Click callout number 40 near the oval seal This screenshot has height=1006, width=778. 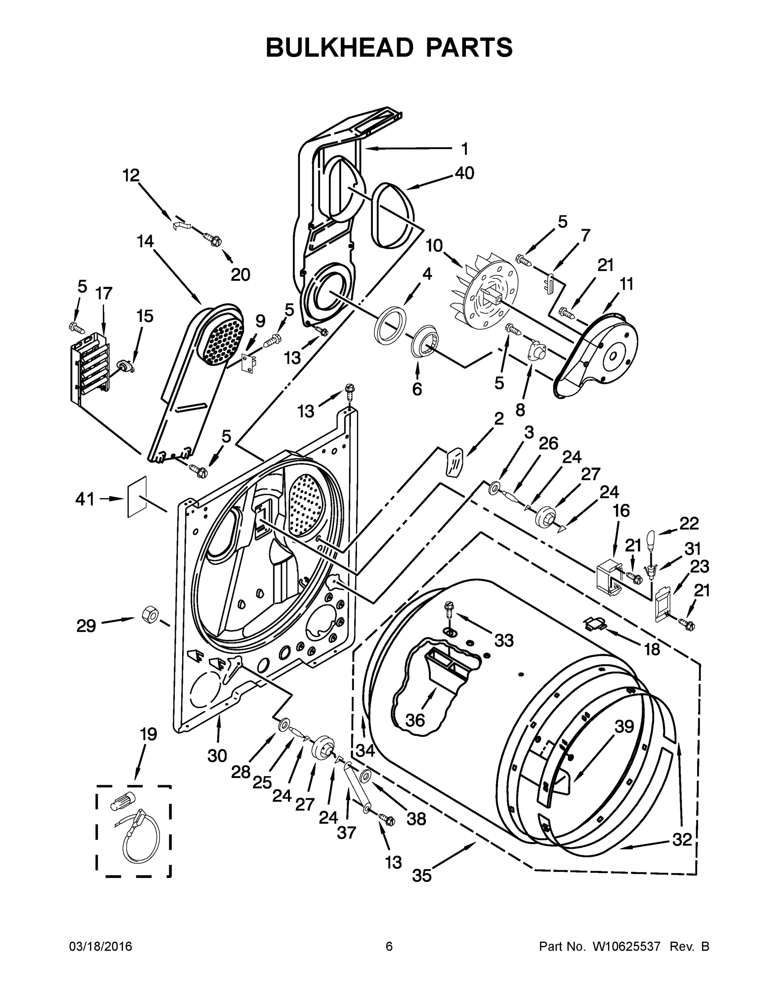pyautogui.click(x=464, y=173)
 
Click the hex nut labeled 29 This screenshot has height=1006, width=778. pyautogui.click(x=150, y=614)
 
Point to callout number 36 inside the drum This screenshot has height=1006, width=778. pyautogui.click(x=414, y=720)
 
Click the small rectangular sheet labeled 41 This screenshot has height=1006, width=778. pyautogui.click(x=137, y=497)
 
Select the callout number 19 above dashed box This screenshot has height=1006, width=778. pyautogui.click(x=148, y=734)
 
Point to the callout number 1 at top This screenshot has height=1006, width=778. pyautogui.click(x=465, y=149)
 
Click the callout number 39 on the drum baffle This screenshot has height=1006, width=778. pyautogui.click(x=624, y=726)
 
